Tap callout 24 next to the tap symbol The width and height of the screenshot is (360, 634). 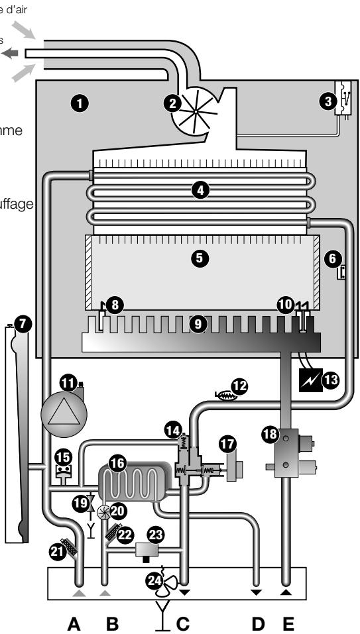click(x=154, y=580)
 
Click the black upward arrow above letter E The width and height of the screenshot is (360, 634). click(x=286, y=590)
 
